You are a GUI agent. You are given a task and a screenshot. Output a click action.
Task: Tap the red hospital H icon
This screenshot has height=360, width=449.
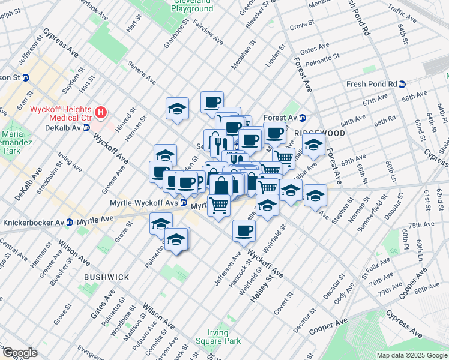click(x=101, y=112)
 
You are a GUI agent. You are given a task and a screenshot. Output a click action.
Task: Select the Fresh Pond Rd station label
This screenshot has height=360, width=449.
click(x=372, y=84)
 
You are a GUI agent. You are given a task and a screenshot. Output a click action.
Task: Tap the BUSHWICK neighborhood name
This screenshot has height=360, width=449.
click(x=106, y=277)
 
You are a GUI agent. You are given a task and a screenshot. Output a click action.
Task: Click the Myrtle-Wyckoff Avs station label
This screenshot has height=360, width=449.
click(x=144, y=203)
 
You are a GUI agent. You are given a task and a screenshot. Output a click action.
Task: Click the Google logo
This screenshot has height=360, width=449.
click(x=19, y=352)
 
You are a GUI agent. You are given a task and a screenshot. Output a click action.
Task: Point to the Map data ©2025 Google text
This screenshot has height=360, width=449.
click(x=412, y=355)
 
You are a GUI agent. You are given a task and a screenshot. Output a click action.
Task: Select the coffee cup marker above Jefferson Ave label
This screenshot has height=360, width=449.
click(x=244, y=231)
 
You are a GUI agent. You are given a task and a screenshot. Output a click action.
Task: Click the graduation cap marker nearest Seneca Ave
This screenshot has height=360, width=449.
click(x=178, y=109)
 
